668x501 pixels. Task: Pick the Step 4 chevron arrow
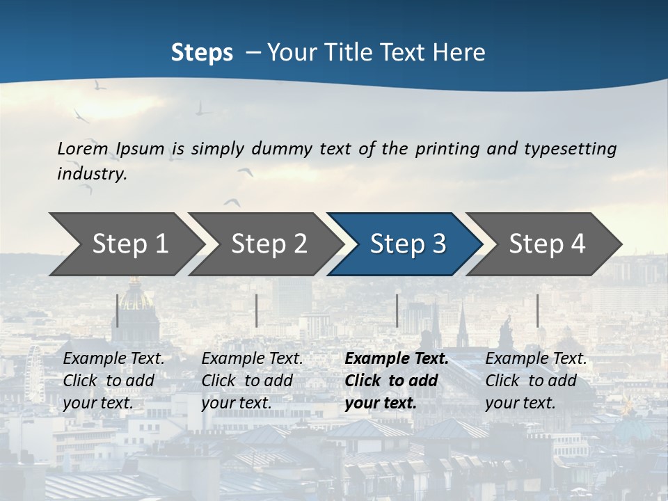tap(547, 244)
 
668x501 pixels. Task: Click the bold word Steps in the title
tap(202, 52)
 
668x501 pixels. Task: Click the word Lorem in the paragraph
tap(83, 148)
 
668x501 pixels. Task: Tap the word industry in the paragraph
tap(92, 173)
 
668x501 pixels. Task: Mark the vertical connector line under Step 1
tap(118, 310)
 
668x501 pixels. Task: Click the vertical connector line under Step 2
tap(257, 310)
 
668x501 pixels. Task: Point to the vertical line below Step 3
tap(397, 310)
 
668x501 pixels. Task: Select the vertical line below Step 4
tap(537, 310)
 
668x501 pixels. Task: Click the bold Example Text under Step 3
tap(397, 359)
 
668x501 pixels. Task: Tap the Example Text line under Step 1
tap(113, 359)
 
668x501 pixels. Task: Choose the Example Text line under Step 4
tap(536, 359)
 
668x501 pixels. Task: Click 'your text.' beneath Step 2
tap(237, 403)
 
